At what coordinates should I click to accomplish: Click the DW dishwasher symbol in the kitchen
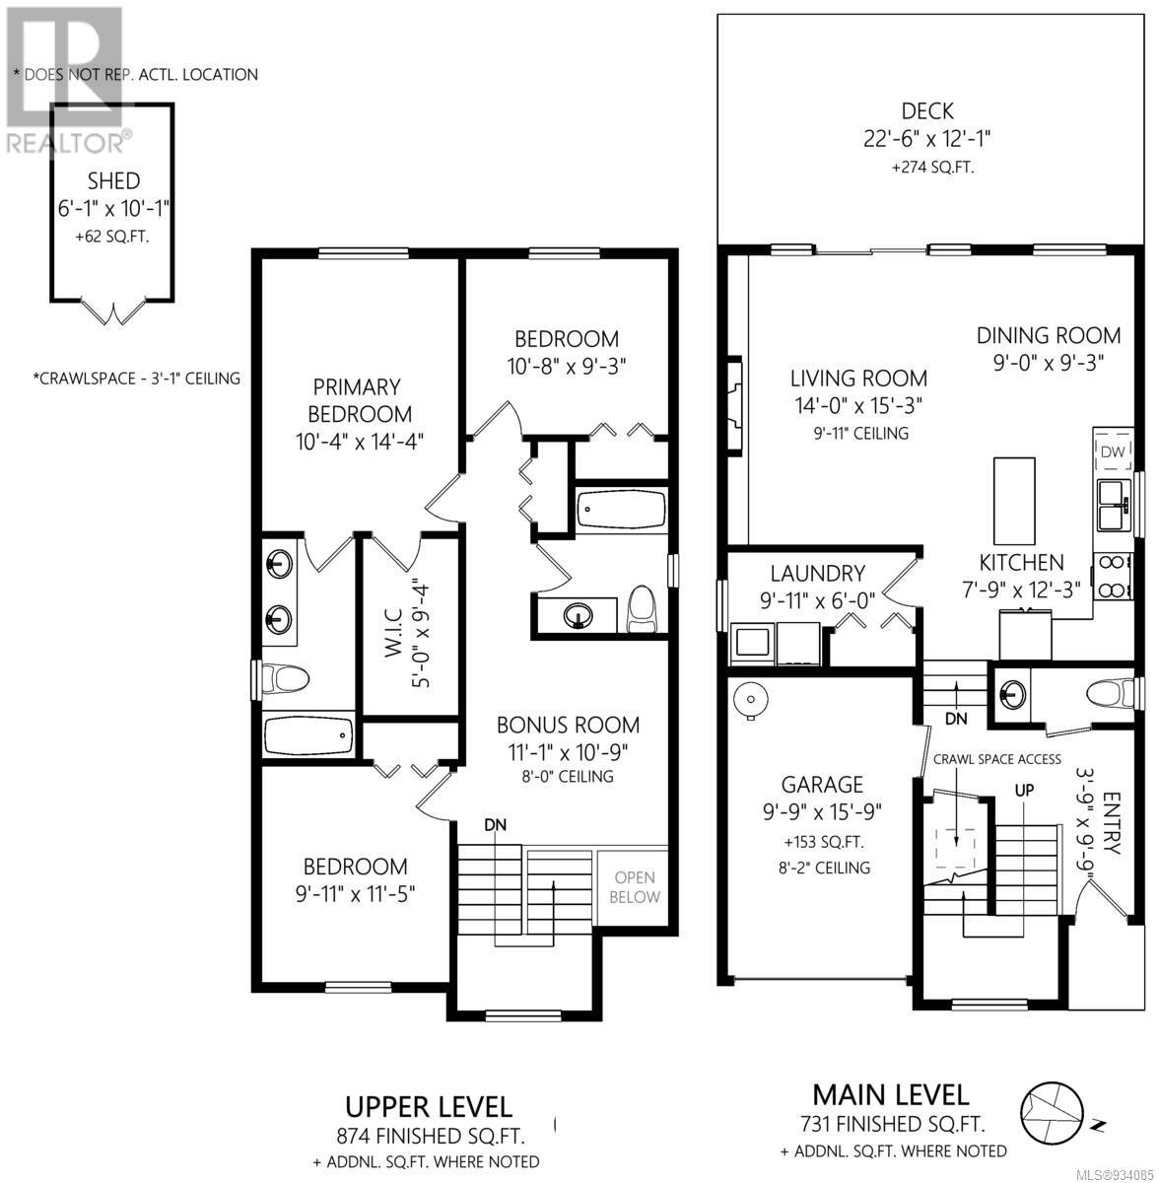tap(1112, 452)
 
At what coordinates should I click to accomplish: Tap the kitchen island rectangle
tap(1014, 501)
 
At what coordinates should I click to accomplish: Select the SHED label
tap(113, 181)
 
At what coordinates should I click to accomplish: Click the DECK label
tap(927, 111)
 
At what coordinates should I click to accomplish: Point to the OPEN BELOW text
tap(635, 887)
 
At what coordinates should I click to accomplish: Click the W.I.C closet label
tap(393, 633)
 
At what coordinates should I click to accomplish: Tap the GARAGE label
tap(822, 785)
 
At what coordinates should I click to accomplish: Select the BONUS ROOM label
tap(568, 725)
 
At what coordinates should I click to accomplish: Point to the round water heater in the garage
tap(750, 700)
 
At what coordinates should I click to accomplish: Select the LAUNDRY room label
tap(818, 574)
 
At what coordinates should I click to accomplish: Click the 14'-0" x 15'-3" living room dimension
tap(858, 406)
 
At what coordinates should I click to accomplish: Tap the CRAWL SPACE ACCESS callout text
tap(997, 759)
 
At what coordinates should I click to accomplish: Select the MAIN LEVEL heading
tap(891, 1094)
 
